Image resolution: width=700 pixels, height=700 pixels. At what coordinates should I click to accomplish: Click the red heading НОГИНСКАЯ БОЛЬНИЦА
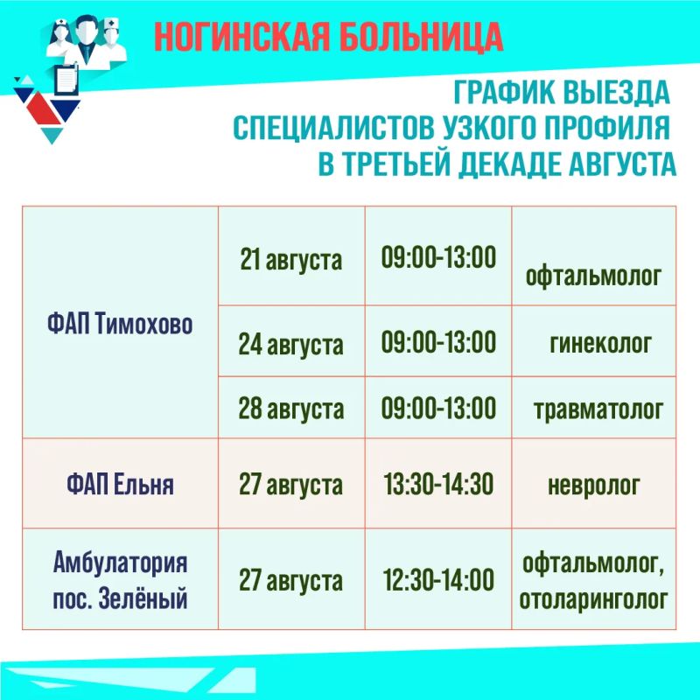tap(329, 37)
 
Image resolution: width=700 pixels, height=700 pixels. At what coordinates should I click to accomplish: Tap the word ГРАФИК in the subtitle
tap(505, 93)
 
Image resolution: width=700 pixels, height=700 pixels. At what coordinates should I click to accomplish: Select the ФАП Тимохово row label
tap(120, 324)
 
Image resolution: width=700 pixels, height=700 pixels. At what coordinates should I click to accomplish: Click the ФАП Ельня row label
tap(120, 485)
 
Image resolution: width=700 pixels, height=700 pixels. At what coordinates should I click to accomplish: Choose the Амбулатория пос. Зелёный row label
tap(120, 580)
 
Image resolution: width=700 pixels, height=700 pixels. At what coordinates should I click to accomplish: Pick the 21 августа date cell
tap(291, 259)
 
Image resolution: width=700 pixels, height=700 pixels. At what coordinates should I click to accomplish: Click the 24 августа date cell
tap(291, 344)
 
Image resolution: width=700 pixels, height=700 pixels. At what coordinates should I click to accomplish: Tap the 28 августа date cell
tap(291, 408)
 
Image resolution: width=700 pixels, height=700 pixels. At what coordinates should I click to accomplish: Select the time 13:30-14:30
tap(438, 484)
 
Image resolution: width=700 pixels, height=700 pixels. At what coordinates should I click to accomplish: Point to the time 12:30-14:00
tap(438, 579)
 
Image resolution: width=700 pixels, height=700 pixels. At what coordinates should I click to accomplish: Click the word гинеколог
tap(600, 344)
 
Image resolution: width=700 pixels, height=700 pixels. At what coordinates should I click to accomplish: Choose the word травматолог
tap(598, 409)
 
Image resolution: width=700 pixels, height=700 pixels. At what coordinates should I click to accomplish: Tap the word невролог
tap(594, 486)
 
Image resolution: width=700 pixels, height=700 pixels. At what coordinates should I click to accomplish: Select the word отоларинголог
tap(593, 599)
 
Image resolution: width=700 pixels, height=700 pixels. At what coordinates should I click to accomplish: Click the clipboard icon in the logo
tap(67, 80)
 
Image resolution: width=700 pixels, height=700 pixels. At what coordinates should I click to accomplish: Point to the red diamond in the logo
tap(43, 108)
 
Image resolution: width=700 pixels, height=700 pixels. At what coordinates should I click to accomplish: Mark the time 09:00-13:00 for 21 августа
tap(438, 257)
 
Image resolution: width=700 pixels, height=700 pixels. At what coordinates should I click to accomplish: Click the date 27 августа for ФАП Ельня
tap(291, 486)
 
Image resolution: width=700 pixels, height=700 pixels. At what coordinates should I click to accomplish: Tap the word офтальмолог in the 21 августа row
tap(593, 276)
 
